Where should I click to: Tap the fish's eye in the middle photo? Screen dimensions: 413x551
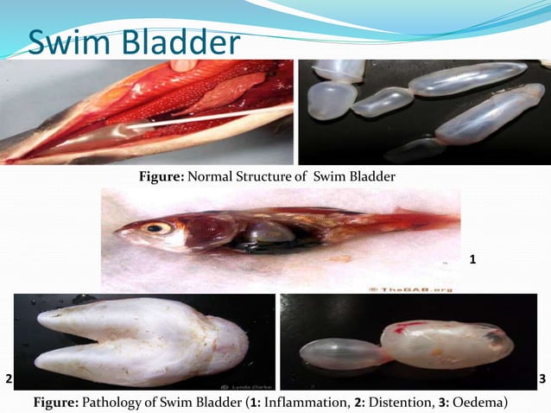158,228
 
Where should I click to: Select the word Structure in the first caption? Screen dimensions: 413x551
264,177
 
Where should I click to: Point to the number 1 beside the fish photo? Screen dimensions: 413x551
472,258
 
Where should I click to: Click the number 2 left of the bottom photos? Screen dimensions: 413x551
9,378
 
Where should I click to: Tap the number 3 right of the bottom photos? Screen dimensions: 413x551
541,378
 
